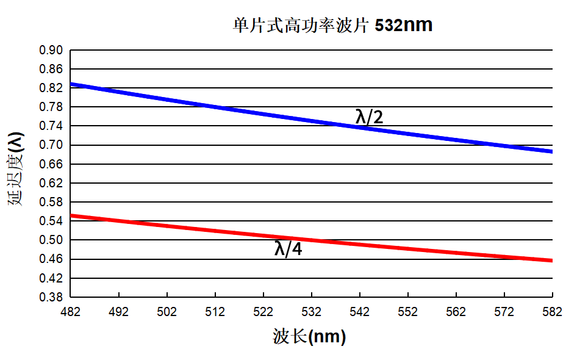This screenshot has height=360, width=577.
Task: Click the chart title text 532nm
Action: (x=404, y=25)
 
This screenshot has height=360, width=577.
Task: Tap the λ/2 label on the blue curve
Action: (x=369, y=117)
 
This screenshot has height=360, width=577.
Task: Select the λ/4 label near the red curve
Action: (x=288, y=248)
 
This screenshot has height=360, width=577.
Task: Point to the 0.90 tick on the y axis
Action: (x=51, y=50)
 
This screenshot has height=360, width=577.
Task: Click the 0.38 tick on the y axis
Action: (x=51, y=297)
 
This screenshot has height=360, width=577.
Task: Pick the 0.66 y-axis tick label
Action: (x=51, y=164)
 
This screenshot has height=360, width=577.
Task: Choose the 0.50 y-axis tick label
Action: (x=51, y=240)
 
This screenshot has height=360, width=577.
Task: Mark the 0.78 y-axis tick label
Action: (x=51, y=107)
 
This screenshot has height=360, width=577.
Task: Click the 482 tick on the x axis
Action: (x=71, y=312)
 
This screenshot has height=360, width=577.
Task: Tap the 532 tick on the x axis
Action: (x=312, y=312)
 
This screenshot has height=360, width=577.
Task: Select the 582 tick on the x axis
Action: (x=552, y=312)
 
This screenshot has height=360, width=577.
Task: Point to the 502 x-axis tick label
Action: (x=167, y=312)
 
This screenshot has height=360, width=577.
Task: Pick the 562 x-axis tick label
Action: (x=456, y=312)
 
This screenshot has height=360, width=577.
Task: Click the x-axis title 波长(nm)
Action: (x=309, y=337)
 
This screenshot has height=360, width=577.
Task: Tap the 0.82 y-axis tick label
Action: (x=51, y=88)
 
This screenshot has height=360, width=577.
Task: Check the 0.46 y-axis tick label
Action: (x=51, y=259)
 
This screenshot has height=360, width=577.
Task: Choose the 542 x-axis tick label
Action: (x=359, y=312)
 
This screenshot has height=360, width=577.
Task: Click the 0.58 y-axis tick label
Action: (x=51, y=202)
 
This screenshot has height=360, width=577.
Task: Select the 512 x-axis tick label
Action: (x=215, y=312)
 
